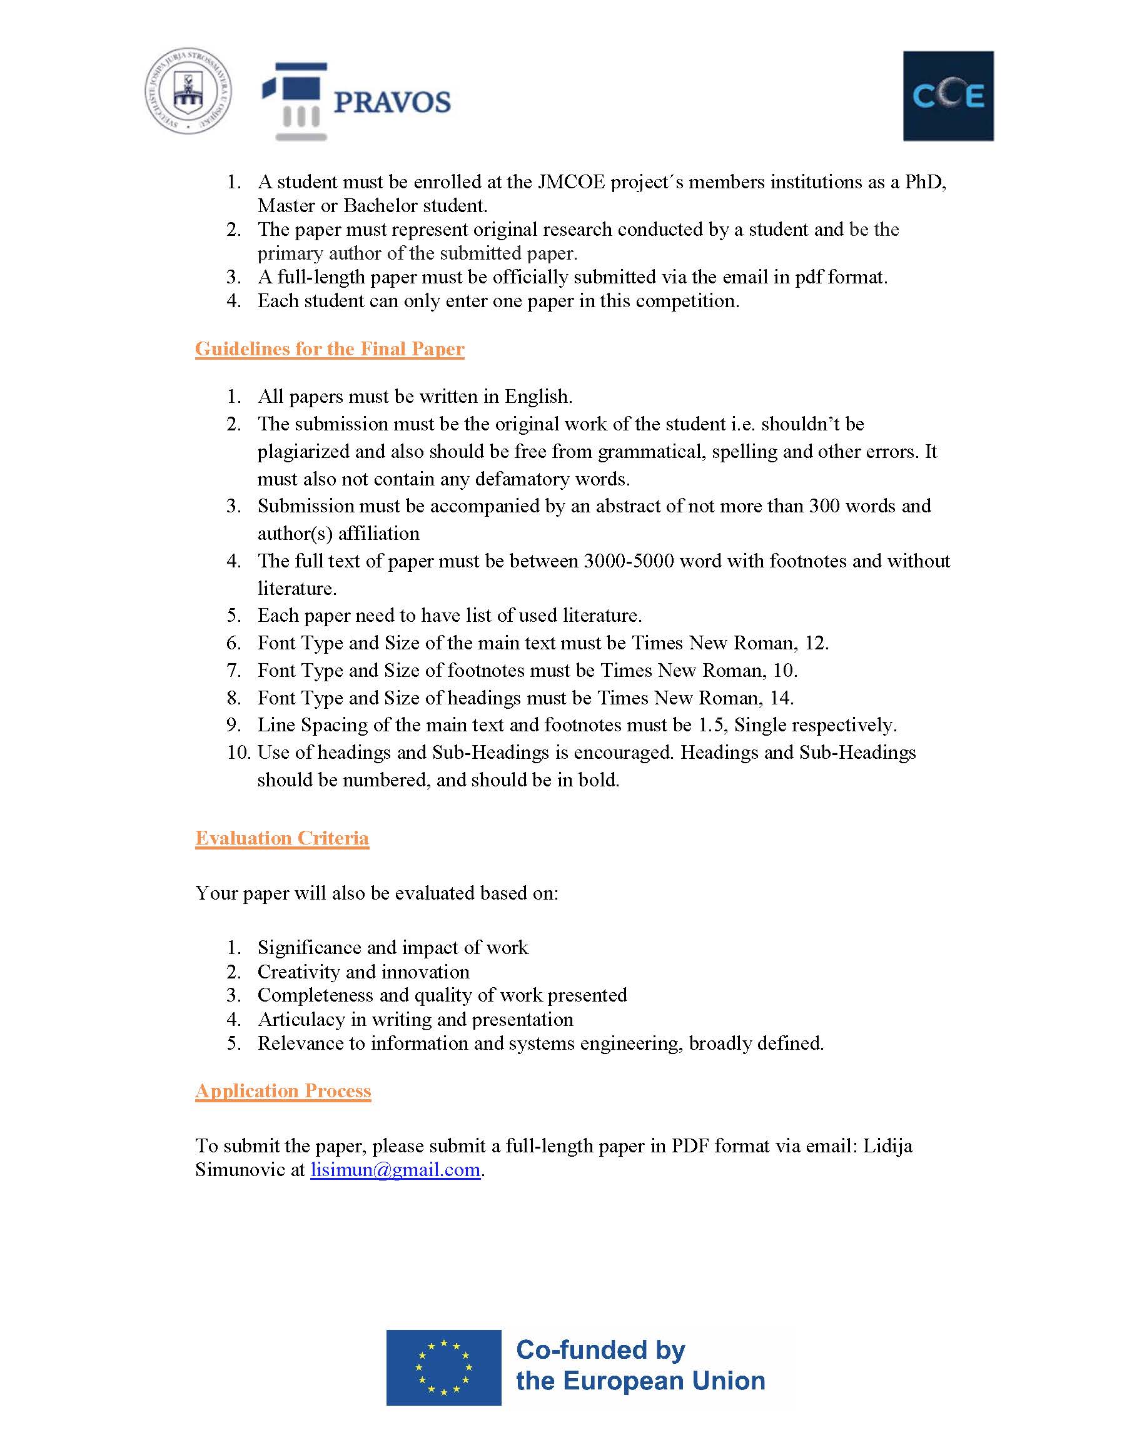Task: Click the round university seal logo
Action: coord(189,91)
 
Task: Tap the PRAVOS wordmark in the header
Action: coord(392,103)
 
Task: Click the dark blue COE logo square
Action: coord(948,96)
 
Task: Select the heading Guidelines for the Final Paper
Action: coord(330,349)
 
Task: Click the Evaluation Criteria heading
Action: coord(281,838)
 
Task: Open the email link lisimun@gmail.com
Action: coord(395,1169)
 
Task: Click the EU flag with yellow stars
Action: coord(443,1367)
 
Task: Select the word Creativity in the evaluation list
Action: coord(296,972)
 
